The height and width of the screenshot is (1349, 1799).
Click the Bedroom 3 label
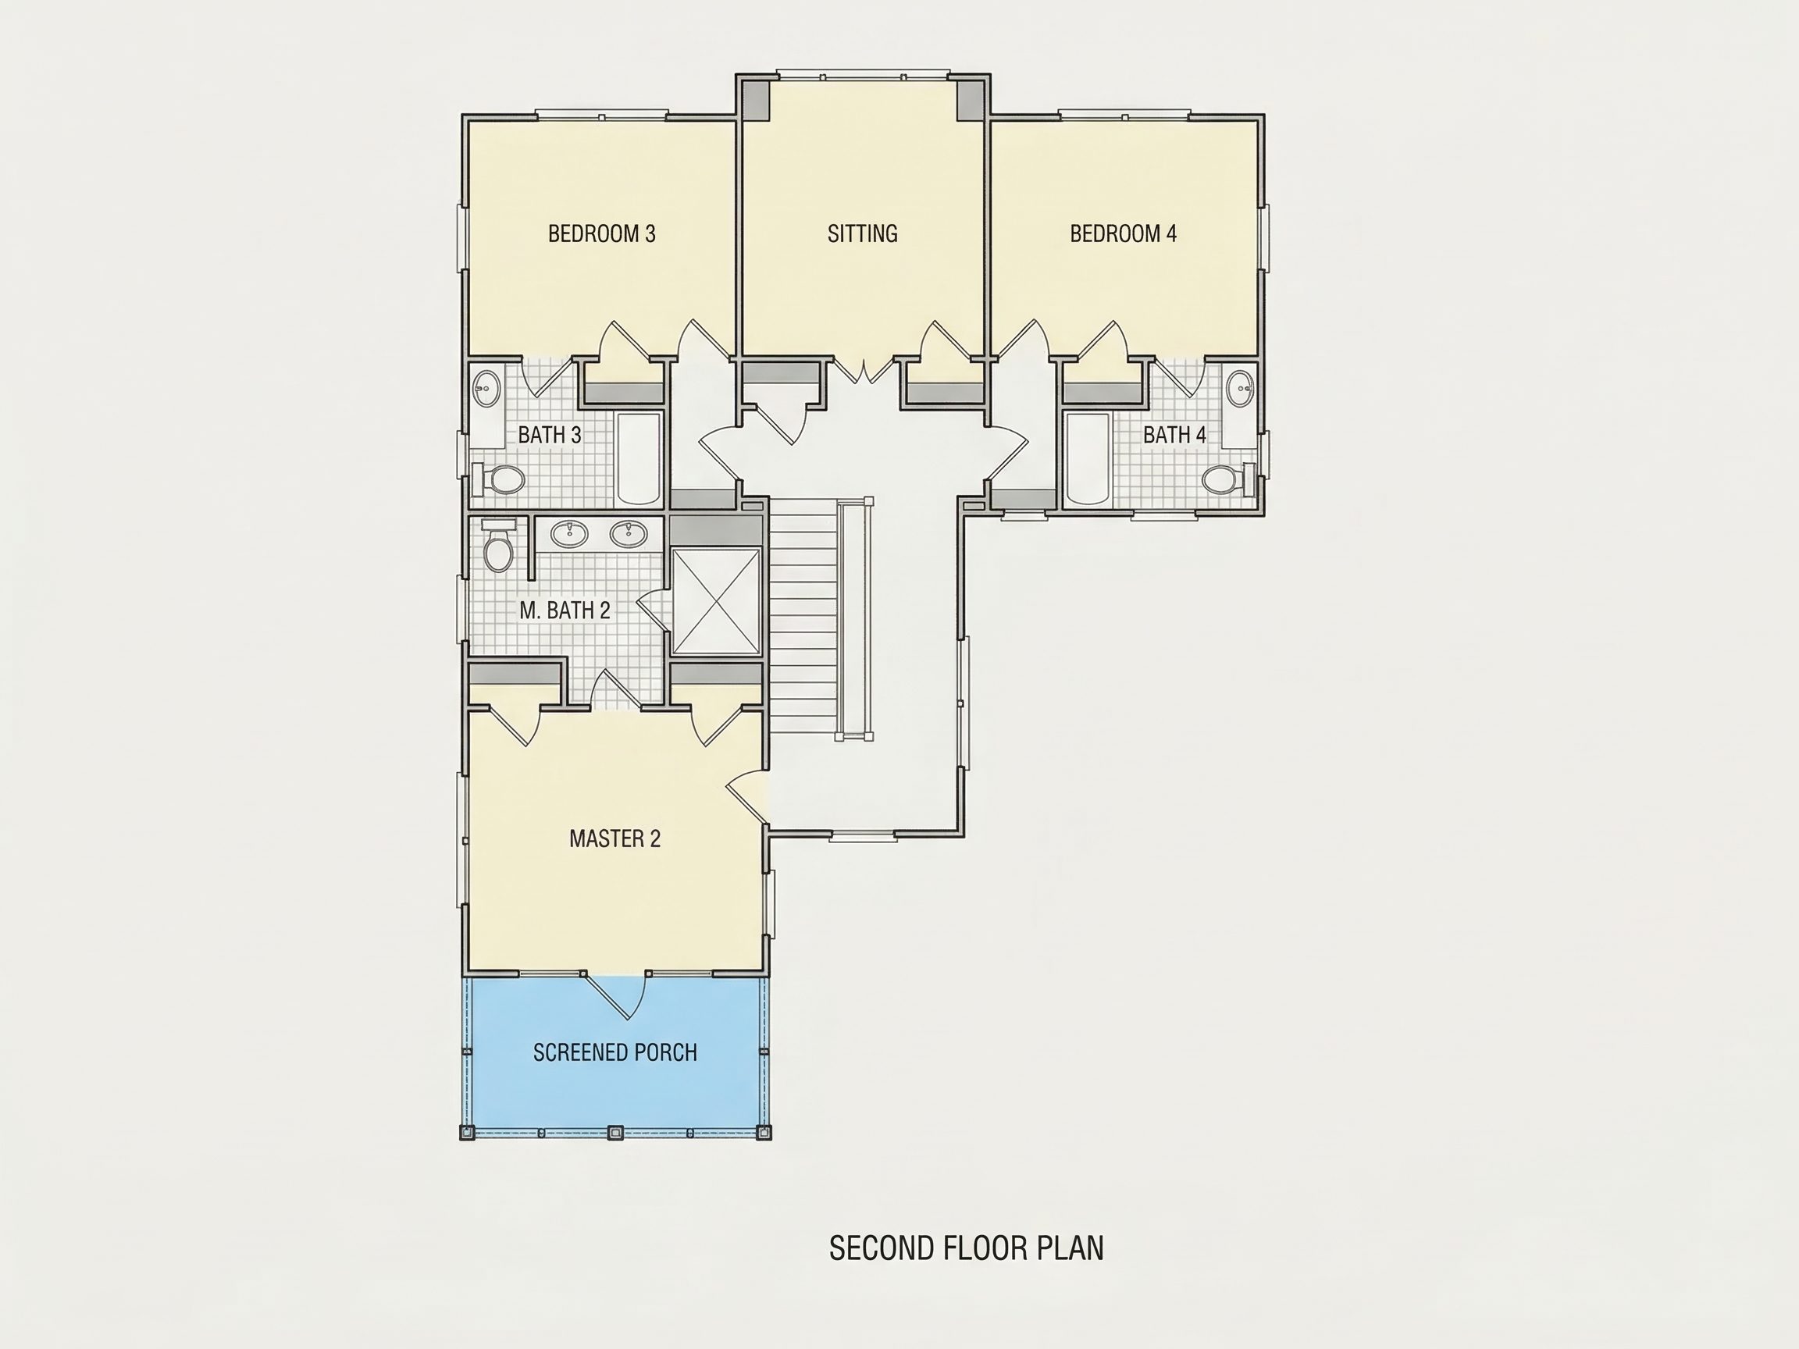[x=602, y=234]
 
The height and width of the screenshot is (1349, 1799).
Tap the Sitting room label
[x=863, y=234]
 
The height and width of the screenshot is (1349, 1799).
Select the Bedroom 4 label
[x=1123, y=234]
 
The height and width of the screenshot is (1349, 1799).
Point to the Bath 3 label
[x=550, y=435]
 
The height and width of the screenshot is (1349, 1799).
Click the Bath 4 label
[x=1174, y=435]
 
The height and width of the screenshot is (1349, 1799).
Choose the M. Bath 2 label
[x=565, y=610]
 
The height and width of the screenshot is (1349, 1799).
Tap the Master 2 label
[x=615, y=838]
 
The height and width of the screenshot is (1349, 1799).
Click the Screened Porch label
[x=615, y=1053]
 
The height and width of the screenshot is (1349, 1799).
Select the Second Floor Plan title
[x=966, y=1248]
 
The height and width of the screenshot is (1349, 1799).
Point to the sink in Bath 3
[x=486, y=389]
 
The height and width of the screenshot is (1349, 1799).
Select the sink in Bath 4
[x=1240, y=389]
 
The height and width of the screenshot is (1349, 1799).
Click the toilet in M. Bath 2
[x=497, y=546]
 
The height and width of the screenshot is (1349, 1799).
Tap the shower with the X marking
[x=717, y=601]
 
